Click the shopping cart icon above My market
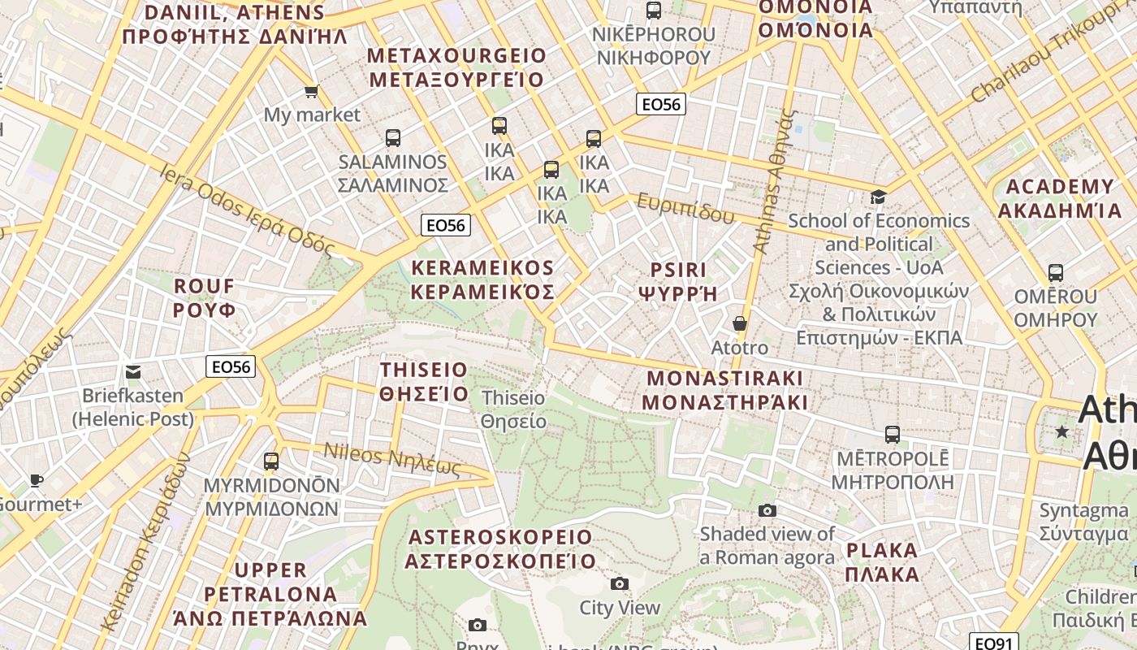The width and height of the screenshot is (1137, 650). [x=311, y=91]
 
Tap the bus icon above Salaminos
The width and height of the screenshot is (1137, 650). [x=393, y=138]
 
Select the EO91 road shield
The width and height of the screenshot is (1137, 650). [x=993, y=643]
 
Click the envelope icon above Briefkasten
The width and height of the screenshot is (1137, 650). [x=133, y=372]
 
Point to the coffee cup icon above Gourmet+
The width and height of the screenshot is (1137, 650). [x=37, y=480]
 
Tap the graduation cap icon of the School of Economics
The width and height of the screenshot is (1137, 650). [x=878, y=197]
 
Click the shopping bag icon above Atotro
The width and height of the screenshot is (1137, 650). [x=740, y=323]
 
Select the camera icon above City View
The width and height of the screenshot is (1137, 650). [x=620, y=583]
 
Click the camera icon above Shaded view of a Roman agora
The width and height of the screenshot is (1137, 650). [x=767, y=510]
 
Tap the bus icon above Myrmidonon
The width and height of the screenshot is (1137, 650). [x=271, y=461]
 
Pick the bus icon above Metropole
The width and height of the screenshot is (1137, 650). [x=893, y=435]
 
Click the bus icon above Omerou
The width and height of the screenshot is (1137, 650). [x=1056, y=273]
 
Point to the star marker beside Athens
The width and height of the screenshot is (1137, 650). [x=1061, y=431]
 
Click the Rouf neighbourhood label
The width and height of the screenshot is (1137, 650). [x=205, y=298]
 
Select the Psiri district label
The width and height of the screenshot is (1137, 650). [x=678, y=281]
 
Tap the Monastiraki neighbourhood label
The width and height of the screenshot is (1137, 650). [x=724, y=390]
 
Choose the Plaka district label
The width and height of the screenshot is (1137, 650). [x=882, y=562]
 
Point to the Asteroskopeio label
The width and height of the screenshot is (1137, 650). [x=500, y=549]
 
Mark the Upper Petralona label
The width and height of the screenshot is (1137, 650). [x=270, y=594]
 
